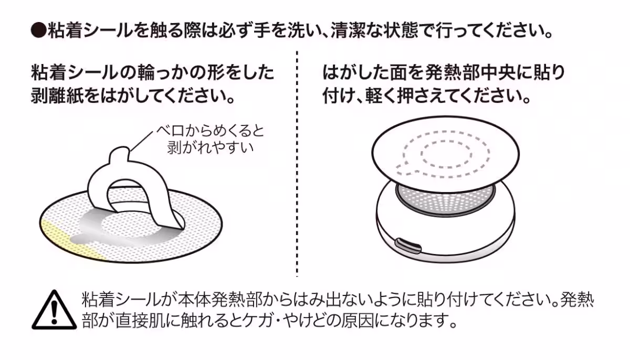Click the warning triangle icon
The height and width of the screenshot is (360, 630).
tap(54, 310)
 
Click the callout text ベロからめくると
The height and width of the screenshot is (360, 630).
tap(211, 130)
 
